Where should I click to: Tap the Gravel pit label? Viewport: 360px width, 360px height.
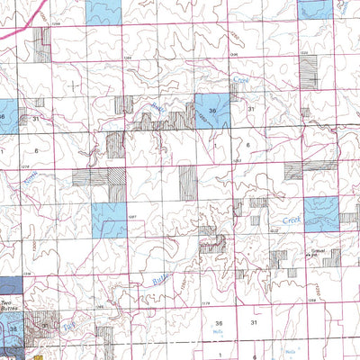316,255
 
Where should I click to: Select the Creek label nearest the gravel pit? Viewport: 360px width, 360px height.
291,219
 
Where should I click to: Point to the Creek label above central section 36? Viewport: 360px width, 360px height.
239,82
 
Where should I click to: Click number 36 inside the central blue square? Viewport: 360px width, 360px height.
212,112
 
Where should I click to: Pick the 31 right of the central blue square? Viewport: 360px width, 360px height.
252,109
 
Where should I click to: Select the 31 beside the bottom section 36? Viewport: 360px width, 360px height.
255,322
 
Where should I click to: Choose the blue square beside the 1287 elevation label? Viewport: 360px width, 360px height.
109,219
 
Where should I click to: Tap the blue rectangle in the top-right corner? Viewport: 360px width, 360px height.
315,9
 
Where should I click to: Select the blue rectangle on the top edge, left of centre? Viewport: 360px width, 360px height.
103,11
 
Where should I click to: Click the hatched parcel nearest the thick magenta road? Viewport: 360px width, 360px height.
41,42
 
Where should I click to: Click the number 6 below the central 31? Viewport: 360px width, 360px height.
247,145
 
